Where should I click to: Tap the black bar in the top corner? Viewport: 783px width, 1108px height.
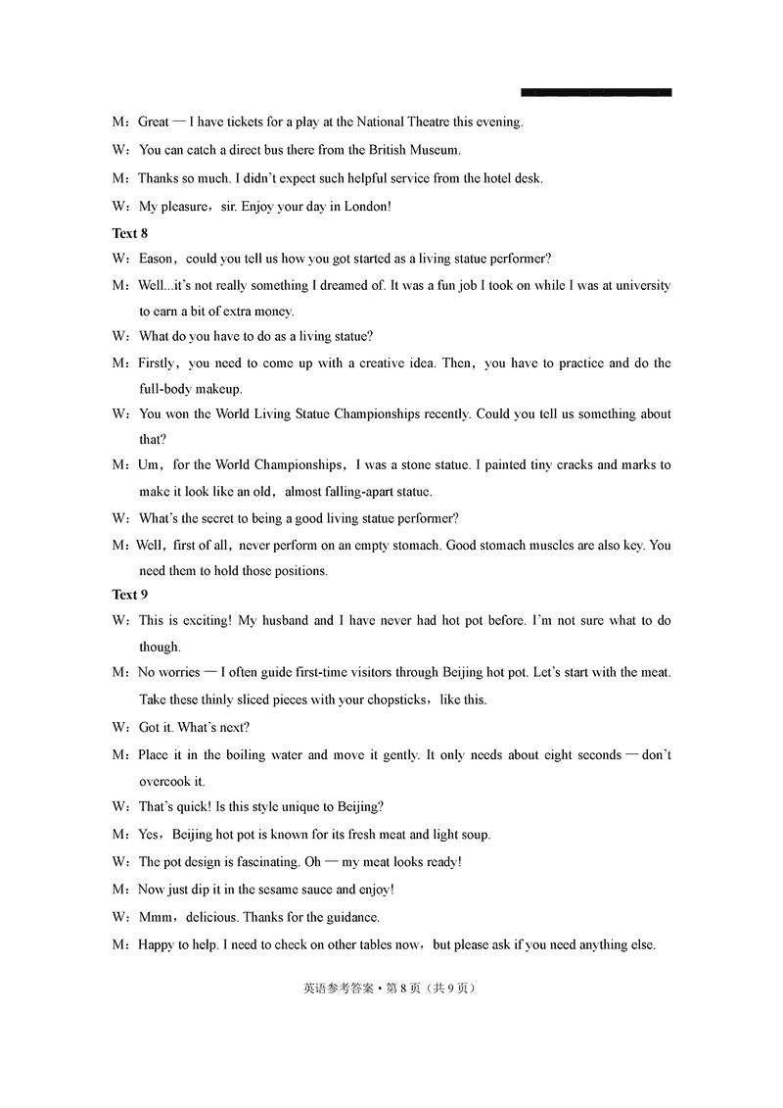tap(596, 92)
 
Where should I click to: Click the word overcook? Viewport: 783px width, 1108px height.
tap(164, 781)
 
